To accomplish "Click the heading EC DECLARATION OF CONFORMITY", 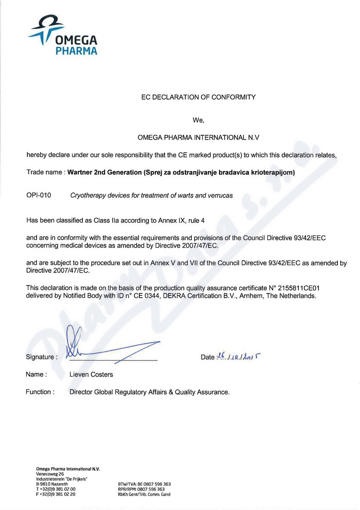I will [198, 97].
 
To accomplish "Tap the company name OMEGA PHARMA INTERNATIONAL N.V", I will [198, 138].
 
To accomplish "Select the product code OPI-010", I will [38, 196].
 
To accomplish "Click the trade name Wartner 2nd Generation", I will [105, 172].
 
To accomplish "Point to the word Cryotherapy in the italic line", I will [87, 196].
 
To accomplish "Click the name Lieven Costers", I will [91, 375].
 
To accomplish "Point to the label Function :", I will [40, 392].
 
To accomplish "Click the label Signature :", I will [42, 357].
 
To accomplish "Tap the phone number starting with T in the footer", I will [56, 489].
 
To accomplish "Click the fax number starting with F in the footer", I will [56, 495].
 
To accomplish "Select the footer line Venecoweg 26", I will [50, 474].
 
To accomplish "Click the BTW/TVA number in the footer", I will [144, 484].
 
